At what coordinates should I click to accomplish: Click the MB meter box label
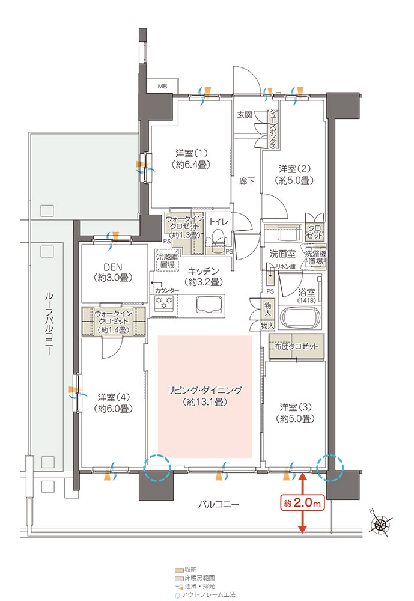click(162, 86)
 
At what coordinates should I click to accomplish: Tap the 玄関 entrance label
click(244, 115)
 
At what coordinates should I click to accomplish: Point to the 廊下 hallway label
click(246, 180)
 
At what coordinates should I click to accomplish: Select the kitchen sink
click(209, 305)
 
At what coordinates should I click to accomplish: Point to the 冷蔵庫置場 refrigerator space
click(167, 261)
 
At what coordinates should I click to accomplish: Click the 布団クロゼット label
click(296, 347)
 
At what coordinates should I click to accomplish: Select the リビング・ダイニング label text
click(205, 391)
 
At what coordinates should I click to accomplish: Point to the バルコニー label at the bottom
click(219, 504)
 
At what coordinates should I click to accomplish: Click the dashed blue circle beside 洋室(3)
click(330, 468)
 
